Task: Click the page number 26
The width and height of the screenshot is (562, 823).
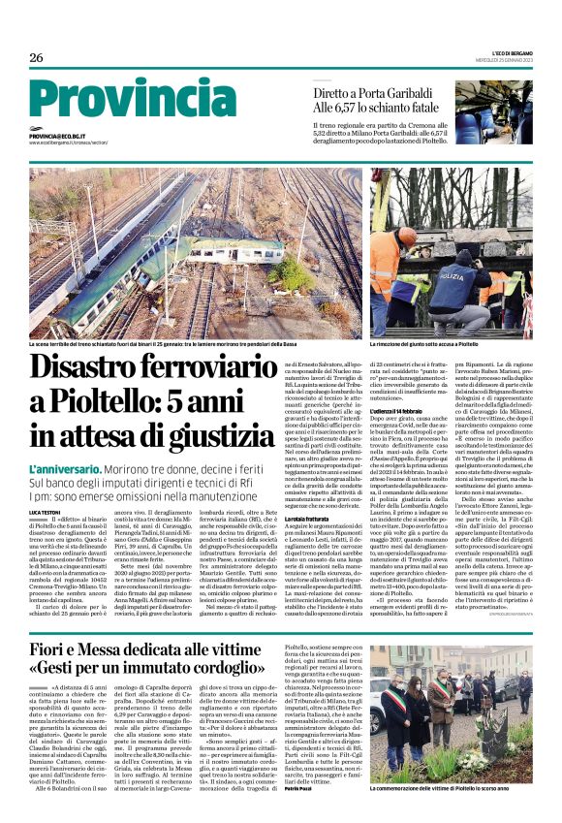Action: [x=36, y=58]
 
